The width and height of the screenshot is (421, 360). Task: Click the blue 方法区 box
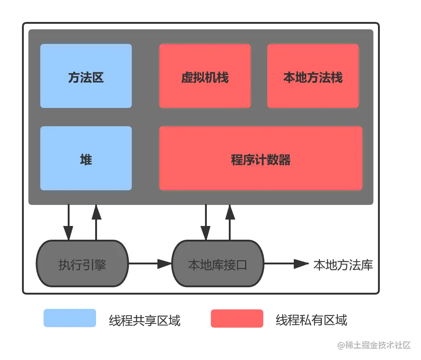tap(86, 76)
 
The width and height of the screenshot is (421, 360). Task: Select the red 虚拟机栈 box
tap(205, 76)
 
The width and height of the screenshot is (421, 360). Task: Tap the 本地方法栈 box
tap(313, 76)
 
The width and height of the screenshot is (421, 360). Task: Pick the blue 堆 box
tap(86, 158)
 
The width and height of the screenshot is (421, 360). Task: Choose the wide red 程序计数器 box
tap(260, 158)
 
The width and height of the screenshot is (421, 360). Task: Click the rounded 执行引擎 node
tap(82, 264)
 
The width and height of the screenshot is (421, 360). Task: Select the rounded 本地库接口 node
tap(217, 264)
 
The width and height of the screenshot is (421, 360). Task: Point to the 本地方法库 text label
tap(343, 264)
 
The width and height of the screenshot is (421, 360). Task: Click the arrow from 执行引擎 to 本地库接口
tap(150, 263)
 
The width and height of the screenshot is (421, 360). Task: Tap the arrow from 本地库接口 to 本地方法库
tap(286, 263)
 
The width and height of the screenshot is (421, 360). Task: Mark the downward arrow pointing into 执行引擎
tap(69, 222)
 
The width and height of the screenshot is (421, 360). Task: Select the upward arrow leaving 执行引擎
tap(96, 222)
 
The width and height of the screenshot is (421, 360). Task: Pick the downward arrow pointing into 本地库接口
tap(206, 222)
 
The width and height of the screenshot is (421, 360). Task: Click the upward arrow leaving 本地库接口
tap(230, 222)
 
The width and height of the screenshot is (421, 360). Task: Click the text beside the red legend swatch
tap(311, 318)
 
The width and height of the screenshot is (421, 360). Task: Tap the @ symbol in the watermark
tap(340, 344)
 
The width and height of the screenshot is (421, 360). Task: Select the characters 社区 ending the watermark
tap(403, 344)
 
